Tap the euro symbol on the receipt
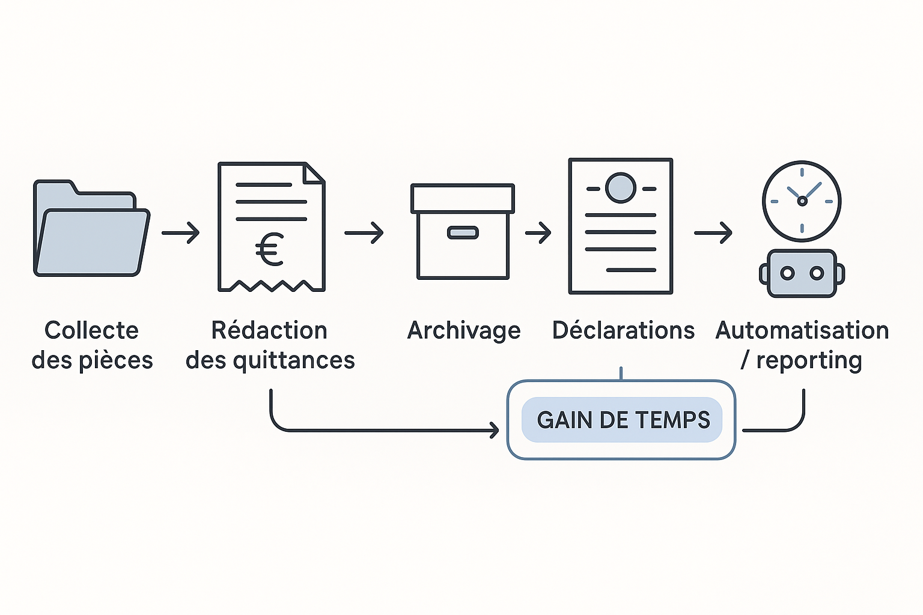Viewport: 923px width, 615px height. tap(270, 250)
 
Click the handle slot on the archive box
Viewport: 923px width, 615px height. tap(463, 232)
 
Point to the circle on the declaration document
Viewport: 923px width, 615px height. tap(621, 188)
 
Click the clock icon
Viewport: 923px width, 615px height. tap(802, 201)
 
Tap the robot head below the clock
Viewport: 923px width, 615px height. tap(802, 273)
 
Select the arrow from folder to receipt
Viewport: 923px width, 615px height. tap(181, 233)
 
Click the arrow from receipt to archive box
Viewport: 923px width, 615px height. tap(364, 233)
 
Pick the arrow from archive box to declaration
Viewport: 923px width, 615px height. tap(538, 233)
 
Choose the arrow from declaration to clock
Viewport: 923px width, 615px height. tap(713, 233)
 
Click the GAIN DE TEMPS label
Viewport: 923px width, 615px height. tap(623, 420)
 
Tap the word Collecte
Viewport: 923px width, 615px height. tap(91, 330)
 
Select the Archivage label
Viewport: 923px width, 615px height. tap(464, 330)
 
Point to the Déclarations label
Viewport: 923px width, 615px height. tap(623, 330)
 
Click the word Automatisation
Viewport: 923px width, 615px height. tap(802, 330)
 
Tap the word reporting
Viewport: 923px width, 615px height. tap(809, 360)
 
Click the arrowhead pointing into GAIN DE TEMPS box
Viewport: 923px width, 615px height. tap(495, 430)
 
